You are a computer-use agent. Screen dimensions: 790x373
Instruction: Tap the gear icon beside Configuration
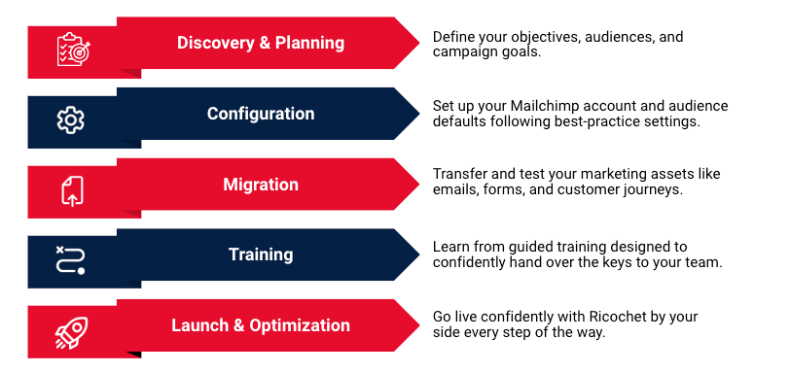[x=70, y=120]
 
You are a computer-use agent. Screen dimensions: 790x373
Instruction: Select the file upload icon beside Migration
[x=73, y=191]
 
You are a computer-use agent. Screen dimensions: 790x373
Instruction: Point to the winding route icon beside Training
[x=70, y=260]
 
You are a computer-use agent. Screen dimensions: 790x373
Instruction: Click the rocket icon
[x=71, y=333]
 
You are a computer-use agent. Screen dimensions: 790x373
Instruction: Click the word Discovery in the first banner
[x=216, y=43]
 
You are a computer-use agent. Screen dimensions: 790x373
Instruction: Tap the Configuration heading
[x=261, y=114]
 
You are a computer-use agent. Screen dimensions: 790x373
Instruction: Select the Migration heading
[x=261, y=185]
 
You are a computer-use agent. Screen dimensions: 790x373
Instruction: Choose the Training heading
[x=261, y=254]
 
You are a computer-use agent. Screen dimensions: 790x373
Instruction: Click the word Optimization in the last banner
[x=300, y=325]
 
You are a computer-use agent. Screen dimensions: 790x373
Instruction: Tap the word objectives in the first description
[x=541, y=37]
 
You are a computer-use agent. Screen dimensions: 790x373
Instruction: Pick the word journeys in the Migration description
[x=656, y=190]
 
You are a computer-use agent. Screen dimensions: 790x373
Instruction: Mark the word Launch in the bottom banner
[x=200, y=325]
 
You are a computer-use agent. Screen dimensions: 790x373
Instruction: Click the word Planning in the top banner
[x=309, y=44]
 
